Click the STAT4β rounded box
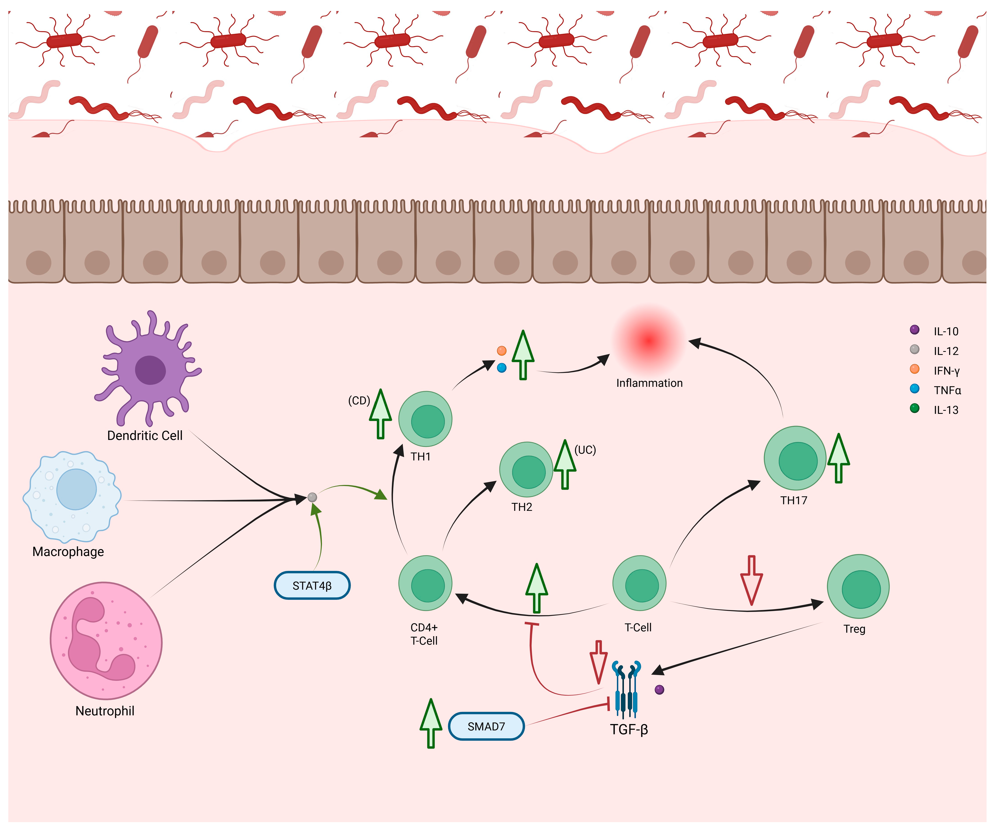click(x=312, y=586)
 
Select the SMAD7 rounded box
click(x=486, y=726)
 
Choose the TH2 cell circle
click(x=526, y=470)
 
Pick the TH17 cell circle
click(x=795, y=458)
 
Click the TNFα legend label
click(x=947, y=390)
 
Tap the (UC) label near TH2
click(x=585, y=450)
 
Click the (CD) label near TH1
click(x=359, y=400)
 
